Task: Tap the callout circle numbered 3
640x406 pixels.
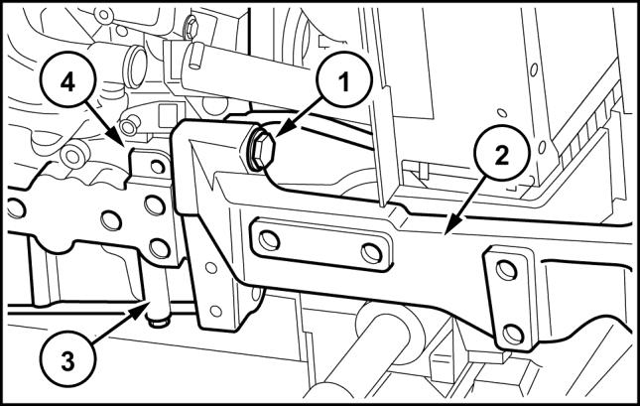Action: [x=67, y=360]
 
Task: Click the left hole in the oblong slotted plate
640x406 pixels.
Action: [x=269, y=240]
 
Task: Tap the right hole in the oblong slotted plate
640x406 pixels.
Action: [x=372, y=253]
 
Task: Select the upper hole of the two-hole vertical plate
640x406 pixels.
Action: [x=506, y=271]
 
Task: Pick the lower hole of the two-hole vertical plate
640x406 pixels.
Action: [x=513, y=334]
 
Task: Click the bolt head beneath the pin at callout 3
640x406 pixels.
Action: [x=159, y=323]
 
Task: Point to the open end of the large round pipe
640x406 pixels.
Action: [x=137, y=67]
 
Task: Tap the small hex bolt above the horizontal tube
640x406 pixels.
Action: [x=192, y=28]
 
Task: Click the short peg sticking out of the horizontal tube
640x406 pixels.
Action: [x=195, y=56]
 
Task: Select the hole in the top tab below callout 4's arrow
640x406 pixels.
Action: [x=157, y=166]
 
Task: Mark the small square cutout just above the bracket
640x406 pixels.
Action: [x=168, y=115]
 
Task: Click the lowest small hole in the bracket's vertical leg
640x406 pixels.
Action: [x=216, y=312]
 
